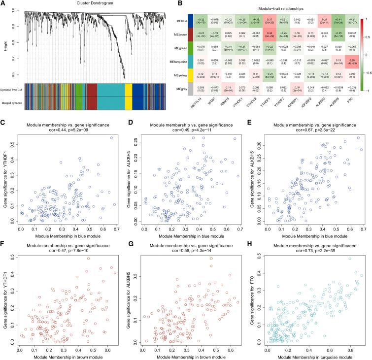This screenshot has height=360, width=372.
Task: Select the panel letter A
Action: click(x=4, y=4)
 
